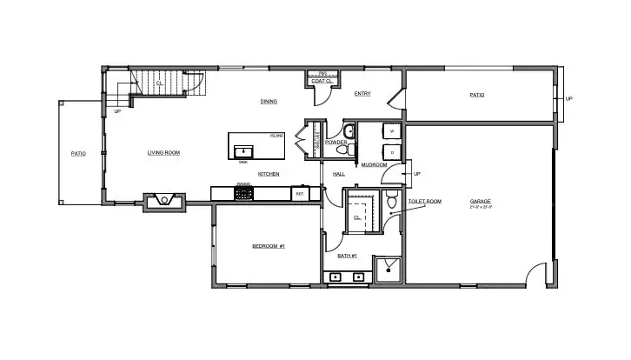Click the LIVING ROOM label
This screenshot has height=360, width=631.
point(163,153)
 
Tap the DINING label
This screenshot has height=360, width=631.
point(269,102)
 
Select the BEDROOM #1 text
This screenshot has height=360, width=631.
point(269,246)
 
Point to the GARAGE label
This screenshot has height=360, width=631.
point(482,201)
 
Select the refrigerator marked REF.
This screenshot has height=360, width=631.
point(300,194)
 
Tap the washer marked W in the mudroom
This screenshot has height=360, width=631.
point(392,131)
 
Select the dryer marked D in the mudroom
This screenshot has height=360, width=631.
point(392,152)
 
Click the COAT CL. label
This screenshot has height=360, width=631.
point(322,82)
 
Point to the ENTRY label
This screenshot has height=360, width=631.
point(362,94)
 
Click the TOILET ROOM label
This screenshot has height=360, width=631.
point(425,202)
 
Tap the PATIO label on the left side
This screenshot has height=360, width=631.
point(78,154)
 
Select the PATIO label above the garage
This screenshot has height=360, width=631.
point(476,95)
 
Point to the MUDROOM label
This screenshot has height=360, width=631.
point(374,164)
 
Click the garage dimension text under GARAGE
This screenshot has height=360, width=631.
point(482,208)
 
